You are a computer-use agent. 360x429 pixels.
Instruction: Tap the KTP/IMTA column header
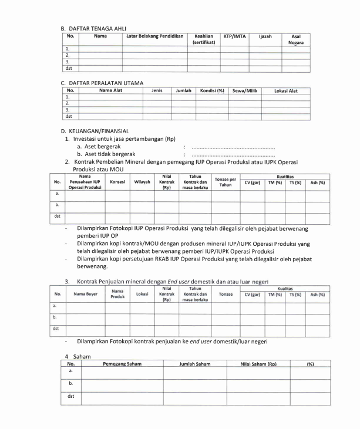pos(234,36)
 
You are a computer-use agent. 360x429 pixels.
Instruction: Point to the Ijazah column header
pos(265,36)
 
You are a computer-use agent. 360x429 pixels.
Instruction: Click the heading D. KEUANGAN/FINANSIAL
pos(95,131)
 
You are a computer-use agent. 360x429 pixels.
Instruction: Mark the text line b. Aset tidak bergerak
pos(110,154)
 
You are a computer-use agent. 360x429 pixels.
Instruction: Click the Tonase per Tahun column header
pos(226,182)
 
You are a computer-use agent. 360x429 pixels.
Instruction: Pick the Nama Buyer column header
pos(86,294)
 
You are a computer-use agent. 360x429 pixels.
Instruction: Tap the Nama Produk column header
pos(117,294)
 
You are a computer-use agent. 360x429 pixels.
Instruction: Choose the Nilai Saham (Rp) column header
pos(258,364)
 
